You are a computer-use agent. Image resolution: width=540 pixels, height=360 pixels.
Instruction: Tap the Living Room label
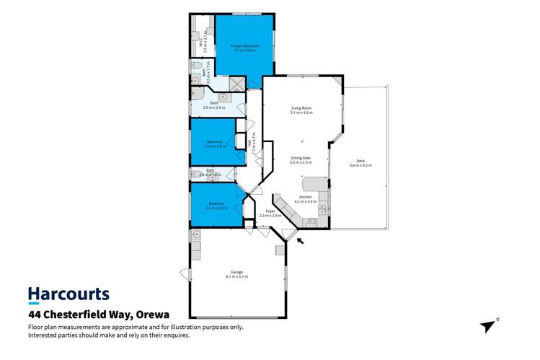point(301,108)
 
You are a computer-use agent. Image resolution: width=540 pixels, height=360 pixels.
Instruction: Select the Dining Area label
point(301,158)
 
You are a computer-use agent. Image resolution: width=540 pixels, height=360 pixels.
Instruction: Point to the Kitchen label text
point(306,197)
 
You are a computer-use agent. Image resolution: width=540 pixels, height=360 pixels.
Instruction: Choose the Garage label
point(237,273)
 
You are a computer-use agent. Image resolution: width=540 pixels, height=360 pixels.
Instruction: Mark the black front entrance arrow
point(300,241)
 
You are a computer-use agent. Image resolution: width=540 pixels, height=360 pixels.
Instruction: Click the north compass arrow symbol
point(490,325)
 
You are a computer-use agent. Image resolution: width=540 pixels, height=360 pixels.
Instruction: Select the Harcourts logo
point(68,294)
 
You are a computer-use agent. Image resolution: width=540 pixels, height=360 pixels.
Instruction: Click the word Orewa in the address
point(157,315)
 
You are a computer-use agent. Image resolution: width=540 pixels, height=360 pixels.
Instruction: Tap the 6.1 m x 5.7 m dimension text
point(237,277)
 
